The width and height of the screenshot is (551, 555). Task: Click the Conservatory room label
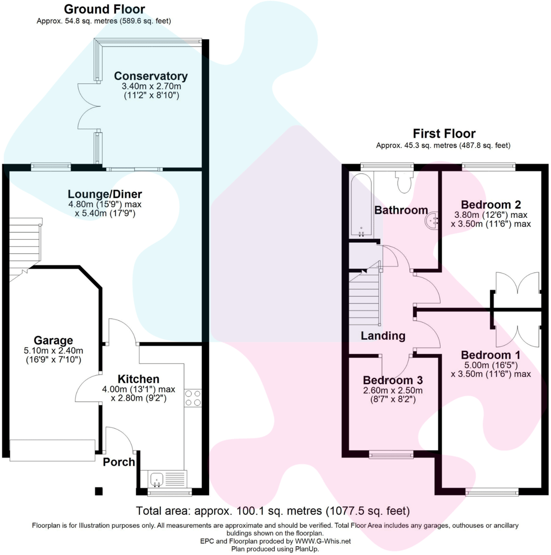(151, 76)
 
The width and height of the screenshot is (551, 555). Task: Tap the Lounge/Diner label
(105, 195)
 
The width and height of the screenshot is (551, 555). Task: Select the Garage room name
(53, 340)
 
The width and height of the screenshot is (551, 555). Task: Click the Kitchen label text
(138, 379)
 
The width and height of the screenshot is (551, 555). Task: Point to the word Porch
(119, 462)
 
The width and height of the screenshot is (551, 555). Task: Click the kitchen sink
(157, 479)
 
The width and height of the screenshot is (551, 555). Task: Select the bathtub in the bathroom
(361, 206)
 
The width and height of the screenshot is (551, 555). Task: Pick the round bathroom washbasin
(433, 220)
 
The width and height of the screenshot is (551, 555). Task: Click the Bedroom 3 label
(393, 380)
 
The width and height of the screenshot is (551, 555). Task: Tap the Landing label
(383, 336)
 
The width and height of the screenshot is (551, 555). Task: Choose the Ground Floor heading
(104, 9)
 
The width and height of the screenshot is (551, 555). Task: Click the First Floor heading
(444, 134)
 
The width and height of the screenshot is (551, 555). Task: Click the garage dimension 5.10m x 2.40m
(53, 351)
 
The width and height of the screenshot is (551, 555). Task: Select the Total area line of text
(273, 510)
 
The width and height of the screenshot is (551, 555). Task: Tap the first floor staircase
(364, 296)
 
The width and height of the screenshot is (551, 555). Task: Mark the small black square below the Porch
(98, 491)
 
